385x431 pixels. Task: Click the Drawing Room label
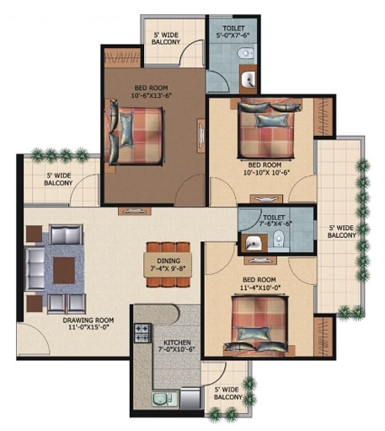click(88, 323)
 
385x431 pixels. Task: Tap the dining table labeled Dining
click(168, 265)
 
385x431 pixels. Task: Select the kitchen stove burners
click(142, 333)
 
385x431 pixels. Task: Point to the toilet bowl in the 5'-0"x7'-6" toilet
click(246, 52)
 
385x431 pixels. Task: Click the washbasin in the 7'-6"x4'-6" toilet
click(253, 242)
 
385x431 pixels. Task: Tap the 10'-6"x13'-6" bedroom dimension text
click(151, 95)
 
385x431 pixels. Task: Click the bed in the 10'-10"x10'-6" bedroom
click(266, 129)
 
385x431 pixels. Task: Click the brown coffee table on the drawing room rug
click(64, 270)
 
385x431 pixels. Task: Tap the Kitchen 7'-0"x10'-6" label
click(177, 346)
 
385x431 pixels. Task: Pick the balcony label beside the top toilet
click(166, 39)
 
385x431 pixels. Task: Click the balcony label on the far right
click(341, 231)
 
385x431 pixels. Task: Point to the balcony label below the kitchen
click(227, 393)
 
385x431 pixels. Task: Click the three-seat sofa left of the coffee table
click(35, 268)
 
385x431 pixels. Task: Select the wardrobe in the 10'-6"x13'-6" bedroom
click(122, 57)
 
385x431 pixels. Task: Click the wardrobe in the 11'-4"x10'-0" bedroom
click(324, 337)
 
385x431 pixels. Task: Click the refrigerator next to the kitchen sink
click(190, 398)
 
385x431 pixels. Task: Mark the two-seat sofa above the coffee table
click(66, 234)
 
